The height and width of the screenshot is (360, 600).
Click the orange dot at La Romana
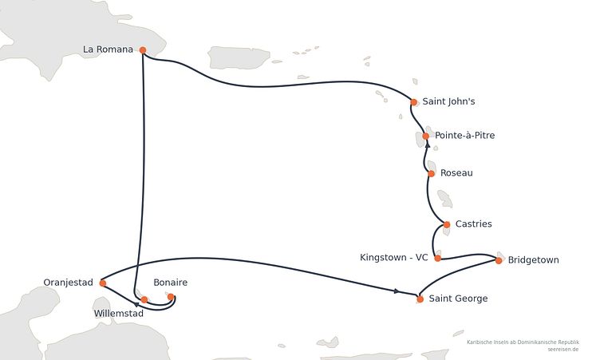click(143, 50)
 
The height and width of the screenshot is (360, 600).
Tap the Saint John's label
click(448, 101)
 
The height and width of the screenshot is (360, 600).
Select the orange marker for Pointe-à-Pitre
click(426, 136)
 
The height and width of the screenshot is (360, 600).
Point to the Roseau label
click(456, 173)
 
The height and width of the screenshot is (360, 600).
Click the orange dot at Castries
click(447, 224)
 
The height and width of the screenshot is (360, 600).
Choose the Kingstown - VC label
click(394, 258)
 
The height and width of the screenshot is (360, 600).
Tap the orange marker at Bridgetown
click(499, 260)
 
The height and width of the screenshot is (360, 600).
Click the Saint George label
click(458, 299)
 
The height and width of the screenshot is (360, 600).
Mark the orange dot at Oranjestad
click(103, 283)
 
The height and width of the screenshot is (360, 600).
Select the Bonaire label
click(170, 283)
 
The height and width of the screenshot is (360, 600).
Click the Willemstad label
click(119, 314)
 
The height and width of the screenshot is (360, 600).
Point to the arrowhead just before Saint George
click(397, 291)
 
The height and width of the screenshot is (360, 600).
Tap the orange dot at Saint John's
click(413, 102)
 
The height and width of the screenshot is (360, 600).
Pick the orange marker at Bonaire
click(171, 296)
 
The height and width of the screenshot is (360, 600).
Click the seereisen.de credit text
click(562, 350)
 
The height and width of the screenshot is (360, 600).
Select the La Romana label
click(108, 49)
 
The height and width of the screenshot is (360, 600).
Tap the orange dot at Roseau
click(431, 173)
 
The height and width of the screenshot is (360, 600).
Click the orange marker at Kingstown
click(438, 258)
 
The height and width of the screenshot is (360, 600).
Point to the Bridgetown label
click(534, 260)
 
